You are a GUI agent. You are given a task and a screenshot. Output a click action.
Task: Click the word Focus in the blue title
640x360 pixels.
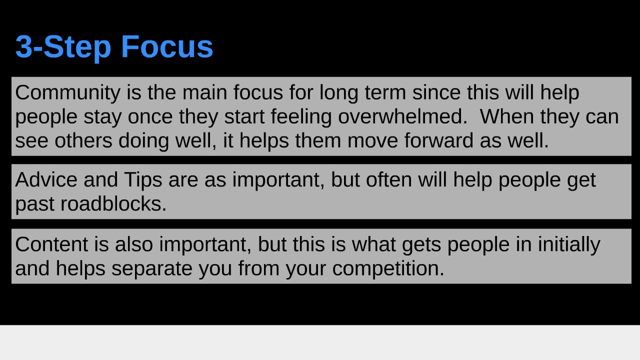pos(167,47)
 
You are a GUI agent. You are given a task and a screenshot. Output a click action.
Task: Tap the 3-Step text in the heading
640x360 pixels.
pos(63,47)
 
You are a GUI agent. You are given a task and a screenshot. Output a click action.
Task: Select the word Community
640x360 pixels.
pos(67,93)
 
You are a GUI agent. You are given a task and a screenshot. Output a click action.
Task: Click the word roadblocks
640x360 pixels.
pos(113,203)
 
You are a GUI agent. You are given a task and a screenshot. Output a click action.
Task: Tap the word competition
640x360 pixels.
pos(388,268)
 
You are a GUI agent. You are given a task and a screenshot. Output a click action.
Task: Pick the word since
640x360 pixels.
pos(436,93)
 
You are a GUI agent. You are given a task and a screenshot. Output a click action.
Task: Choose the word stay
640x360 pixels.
pos(102,116)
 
